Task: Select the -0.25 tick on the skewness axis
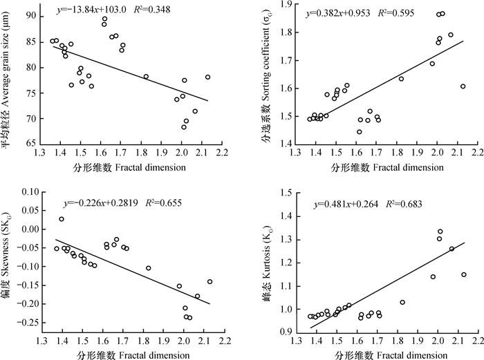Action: point(30,323)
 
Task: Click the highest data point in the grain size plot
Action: point(104,19)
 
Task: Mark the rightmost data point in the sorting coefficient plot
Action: point(463,86)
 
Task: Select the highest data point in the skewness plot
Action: point(62,219)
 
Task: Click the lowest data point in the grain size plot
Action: point(184,127)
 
